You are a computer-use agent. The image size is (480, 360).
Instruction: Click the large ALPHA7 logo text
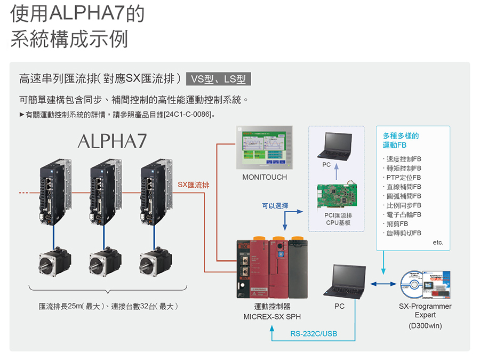tap(112, 141)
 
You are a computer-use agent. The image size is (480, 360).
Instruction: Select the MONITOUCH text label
tap(265, 177)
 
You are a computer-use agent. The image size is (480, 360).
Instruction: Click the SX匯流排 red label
tap(193, 185)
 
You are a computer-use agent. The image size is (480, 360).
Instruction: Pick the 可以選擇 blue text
tap(275, 205)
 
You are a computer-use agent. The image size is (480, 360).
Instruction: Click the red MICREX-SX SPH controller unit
tap(272, 269)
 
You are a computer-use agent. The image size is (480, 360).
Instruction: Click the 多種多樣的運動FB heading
tap(401, 140)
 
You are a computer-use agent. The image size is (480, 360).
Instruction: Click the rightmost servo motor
tap(155, 263)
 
